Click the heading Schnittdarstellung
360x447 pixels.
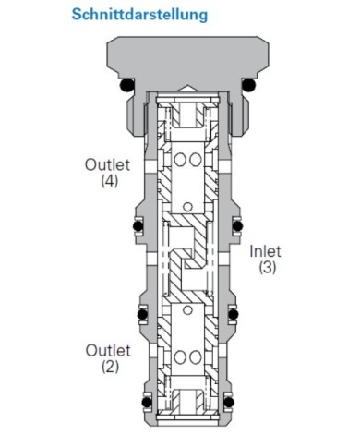(x=139, y=15)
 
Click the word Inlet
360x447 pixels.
(x=265, y=251)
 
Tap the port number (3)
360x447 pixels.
(x=267, y=267)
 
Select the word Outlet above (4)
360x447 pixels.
(x=108, y=164)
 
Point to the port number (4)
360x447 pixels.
(x=110, y=180)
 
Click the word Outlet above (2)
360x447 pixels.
(x=108, y=351)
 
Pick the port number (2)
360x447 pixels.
(x=110, y=367)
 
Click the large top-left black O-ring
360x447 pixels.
(x=126, y=85)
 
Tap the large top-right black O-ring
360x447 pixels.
(x=248, y=85)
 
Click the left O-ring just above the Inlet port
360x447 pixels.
(x=138, y=226)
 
